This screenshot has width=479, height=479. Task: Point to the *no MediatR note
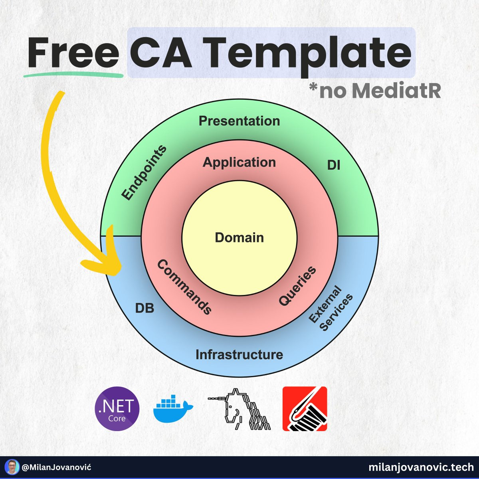375,91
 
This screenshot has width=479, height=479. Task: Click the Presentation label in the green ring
239,121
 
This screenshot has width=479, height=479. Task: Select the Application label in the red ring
239,162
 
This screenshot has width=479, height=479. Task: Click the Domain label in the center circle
239,238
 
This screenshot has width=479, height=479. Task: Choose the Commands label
184,287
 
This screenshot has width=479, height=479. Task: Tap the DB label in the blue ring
144,309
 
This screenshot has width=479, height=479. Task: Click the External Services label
331,308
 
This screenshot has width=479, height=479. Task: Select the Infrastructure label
239,354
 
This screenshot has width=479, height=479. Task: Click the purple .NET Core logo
117,409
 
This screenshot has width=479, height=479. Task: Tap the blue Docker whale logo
173,409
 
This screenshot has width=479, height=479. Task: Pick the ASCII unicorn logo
239,409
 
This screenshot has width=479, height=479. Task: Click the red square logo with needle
305,409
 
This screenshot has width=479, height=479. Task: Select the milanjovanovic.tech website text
421,467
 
